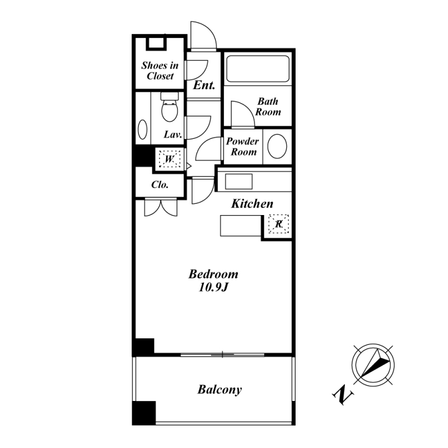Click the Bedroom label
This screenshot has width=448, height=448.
213,274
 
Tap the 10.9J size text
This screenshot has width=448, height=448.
213,287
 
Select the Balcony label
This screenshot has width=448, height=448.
220,389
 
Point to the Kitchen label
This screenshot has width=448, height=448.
252,204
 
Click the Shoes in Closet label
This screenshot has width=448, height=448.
160,71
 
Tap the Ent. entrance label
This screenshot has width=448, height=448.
204,85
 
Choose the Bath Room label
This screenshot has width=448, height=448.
268,106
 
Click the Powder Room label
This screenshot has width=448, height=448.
242,147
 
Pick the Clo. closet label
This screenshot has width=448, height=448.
160,185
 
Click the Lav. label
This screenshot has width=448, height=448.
173,134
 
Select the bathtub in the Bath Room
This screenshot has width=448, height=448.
258,68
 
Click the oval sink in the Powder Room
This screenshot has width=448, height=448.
277,146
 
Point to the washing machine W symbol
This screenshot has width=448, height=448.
170,159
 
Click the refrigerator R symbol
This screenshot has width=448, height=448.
278,224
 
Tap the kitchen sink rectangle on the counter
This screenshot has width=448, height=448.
239,181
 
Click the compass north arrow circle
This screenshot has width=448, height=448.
373,365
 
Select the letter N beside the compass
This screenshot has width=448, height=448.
343,395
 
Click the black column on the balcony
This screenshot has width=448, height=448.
144,413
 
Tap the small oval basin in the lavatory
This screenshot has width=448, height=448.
143,129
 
